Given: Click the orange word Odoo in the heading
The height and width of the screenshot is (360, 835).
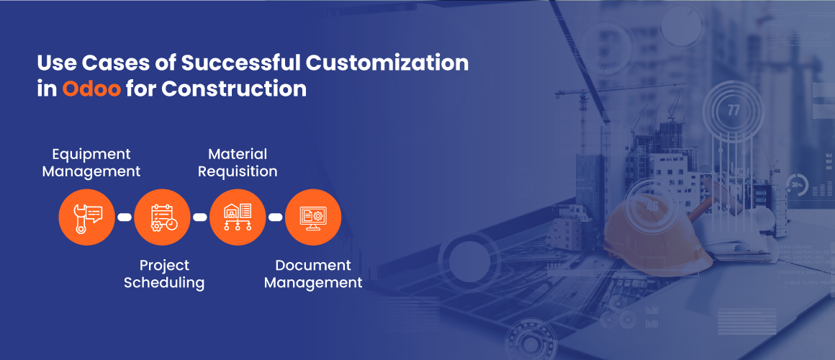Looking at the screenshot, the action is pyautogui.click(x=91, y=89).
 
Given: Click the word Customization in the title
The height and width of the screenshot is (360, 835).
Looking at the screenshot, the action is pyautogui.click(x=387, y=63).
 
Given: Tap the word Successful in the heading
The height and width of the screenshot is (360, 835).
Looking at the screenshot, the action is pyautogui.click(x=240, y=63).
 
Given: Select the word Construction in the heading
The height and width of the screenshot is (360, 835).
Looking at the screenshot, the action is pyautogui.click(x=234, y=89).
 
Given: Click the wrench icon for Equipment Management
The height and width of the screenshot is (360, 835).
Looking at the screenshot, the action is pyautogui.click(x=87, y=217).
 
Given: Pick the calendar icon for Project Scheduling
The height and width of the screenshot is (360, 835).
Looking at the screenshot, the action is pyautogui.click(x=163, y=217).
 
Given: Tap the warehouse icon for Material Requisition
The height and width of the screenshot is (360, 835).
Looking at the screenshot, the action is pyautogui.click(x=238, y=217).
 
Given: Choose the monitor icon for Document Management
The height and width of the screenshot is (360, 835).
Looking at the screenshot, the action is pyautogui.click(x=313, y=217).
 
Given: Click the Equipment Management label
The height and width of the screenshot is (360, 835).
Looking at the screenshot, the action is pyautogui.click(x=91, y=163).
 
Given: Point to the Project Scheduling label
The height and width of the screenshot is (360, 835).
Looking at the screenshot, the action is pyautogui.click(x=164, y=274).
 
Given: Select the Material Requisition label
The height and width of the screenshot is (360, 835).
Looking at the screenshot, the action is pyautogui.click(x=238, y=163).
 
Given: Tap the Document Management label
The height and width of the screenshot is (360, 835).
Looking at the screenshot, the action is pyautogui.click(x=313, y=274).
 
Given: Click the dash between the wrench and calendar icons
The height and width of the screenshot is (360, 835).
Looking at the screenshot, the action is pyautogui.click(x=125, y=217).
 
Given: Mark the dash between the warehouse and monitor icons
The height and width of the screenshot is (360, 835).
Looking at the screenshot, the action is pyautogui.click(x=275, y=217).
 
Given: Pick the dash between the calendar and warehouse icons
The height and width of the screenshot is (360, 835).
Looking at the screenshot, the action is pyautogui.click(x=199, y=217).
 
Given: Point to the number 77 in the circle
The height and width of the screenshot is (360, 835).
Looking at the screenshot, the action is pyautogui.click(x=734, y=111).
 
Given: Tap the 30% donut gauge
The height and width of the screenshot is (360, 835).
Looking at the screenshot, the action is pyautogui.click(x=797, y=185).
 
